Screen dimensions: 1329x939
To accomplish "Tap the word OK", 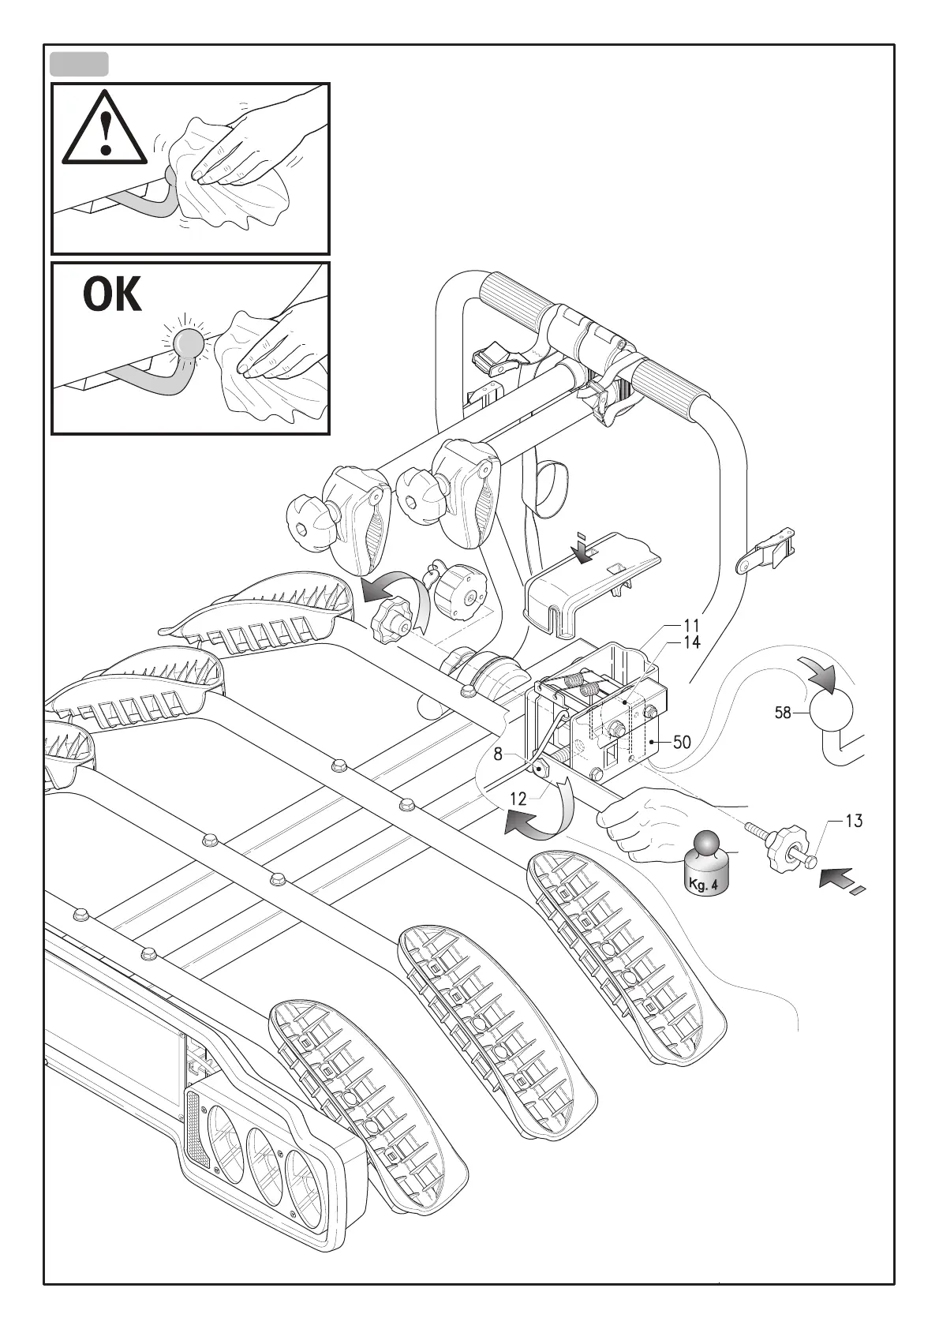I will (113, 297).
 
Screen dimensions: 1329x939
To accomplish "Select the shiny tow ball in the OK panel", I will (187, 344).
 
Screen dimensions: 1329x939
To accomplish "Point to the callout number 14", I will (691, 642).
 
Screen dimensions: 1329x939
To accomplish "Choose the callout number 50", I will (681, 742).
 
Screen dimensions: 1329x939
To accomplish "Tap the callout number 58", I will (782, 713).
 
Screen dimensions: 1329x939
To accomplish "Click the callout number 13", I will (853, 821).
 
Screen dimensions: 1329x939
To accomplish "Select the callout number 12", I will (518, 799).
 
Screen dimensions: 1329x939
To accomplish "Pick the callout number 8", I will (498, 754).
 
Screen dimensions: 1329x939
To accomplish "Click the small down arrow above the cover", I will (582, 548).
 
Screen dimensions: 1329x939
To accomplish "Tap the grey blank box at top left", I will (79, 64).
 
